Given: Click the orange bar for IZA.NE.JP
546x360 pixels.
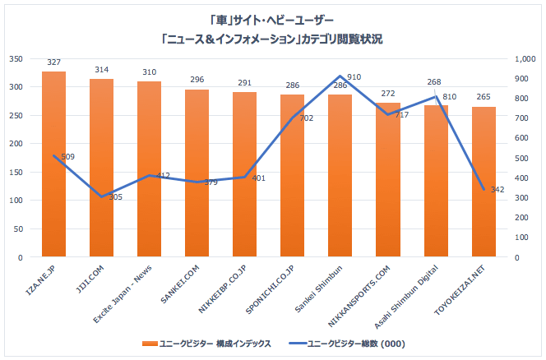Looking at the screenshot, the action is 53,164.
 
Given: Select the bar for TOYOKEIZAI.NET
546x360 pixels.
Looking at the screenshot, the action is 484,182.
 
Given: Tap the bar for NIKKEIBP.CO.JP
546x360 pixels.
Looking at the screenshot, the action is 245,174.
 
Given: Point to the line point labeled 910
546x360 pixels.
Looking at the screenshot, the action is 340,76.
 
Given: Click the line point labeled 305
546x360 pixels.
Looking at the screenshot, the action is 101,196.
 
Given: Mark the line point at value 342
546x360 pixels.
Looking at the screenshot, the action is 484,189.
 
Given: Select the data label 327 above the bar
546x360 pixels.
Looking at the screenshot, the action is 53,62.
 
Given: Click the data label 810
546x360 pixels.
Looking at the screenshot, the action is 449,97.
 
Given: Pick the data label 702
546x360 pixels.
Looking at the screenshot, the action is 307,118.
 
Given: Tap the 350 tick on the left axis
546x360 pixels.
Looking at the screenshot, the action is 16,59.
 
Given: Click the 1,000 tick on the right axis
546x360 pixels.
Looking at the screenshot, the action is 525,59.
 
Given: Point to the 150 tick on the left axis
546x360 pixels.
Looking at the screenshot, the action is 16,172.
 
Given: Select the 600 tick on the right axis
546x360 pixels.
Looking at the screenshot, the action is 521,138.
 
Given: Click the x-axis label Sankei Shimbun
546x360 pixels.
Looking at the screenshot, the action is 318,288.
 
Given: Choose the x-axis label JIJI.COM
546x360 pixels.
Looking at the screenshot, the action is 90,279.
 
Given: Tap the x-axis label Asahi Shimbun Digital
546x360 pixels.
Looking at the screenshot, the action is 406,297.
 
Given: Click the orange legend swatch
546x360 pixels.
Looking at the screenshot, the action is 150,344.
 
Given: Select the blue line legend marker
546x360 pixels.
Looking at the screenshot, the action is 298,344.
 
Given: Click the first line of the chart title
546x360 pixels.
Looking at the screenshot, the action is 271,21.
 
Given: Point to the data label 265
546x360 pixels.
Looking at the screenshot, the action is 484,97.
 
